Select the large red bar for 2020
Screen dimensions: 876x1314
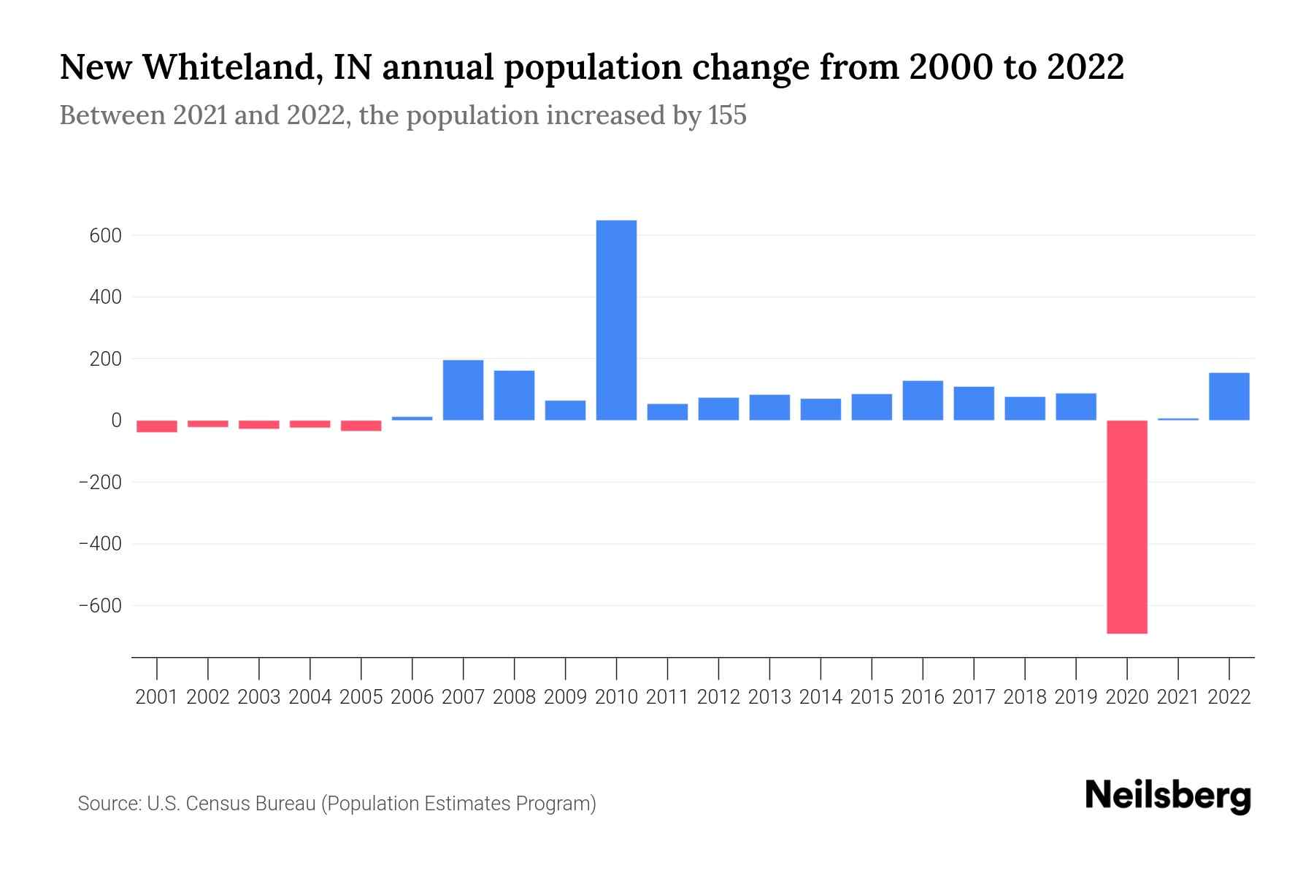click(1126, 526)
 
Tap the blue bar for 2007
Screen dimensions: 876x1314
click(463, 390)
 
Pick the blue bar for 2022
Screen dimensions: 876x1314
click(1229, 396)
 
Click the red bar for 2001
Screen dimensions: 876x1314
click(157, 426)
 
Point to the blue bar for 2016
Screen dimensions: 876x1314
click(923, 400)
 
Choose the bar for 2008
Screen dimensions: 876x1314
click(514, 395)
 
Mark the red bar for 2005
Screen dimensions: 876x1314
click(361, 426)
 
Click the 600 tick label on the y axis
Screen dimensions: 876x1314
click(106, 236)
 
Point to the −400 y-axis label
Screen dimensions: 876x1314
click(100, 544)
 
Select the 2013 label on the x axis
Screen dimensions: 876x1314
click(769, 697)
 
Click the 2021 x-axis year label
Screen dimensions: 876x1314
click(1177, 697)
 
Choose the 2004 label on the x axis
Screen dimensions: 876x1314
click(310, 697)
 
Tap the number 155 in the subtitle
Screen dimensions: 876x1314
click(727, 115)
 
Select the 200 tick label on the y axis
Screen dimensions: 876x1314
click(106, 359)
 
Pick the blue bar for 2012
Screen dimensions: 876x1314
click(718, 409)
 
